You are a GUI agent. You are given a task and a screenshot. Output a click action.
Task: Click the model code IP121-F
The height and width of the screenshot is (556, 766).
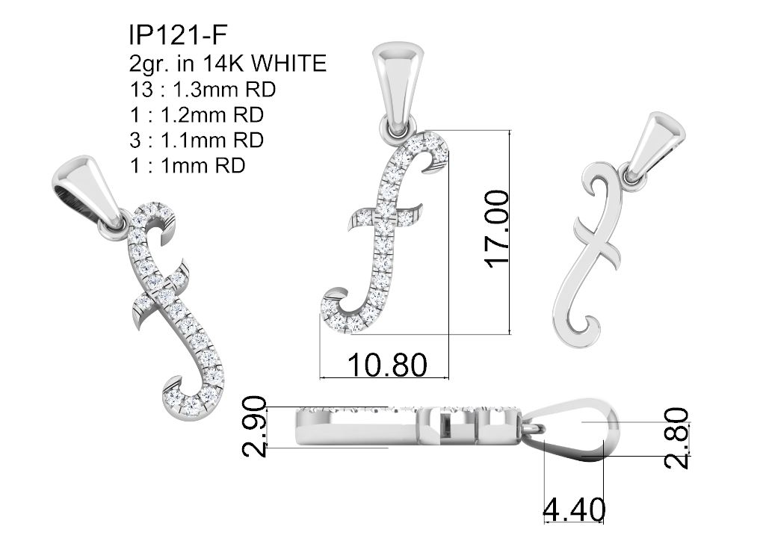tap(179, 35)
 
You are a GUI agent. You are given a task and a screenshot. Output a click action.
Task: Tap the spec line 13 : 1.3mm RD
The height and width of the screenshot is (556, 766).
tap(203, 90)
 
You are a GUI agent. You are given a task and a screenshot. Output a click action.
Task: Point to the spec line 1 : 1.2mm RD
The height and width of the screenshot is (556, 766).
tap(197, 115)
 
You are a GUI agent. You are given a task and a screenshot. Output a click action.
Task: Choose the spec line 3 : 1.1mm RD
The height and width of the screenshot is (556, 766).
tap(197, 140)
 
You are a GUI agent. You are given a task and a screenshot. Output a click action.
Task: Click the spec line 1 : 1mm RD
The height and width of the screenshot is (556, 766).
tap(187, 166)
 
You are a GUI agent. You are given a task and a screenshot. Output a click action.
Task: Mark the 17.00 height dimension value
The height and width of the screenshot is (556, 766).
tap(497, 229)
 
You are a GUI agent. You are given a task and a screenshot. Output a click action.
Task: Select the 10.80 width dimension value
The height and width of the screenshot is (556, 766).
tap(387, 365)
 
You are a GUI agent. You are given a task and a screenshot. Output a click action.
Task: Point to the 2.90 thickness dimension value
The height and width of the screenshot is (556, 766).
tap(255, 427)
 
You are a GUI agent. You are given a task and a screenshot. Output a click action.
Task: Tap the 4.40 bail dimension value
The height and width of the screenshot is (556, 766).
tap(575, 510)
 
